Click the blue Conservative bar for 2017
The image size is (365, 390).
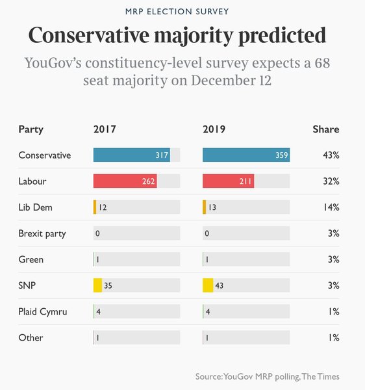[x=131, y=155]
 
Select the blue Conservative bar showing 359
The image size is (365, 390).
[x=245, y=155]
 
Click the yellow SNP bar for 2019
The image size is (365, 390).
[x=208, y=285]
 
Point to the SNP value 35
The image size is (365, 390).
[x=108, y=285]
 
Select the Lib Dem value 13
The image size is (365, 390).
[x=214, y=207]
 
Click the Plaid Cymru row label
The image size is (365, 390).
[x=43, y=311]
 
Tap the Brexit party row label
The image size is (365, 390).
[x=42, y=233]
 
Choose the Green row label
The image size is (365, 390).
[x=31, y=259]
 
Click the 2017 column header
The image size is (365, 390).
[x=105, y=129]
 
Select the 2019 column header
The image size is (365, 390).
[x=214, y=129]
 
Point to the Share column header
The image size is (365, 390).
[x=326, y=129]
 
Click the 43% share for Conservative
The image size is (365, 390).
[x=331, y=155]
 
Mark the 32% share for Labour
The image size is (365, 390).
[x=331, y=181]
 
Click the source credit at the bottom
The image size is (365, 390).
[x=267, y=376]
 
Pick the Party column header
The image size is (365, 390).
[x=31, y=129]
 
